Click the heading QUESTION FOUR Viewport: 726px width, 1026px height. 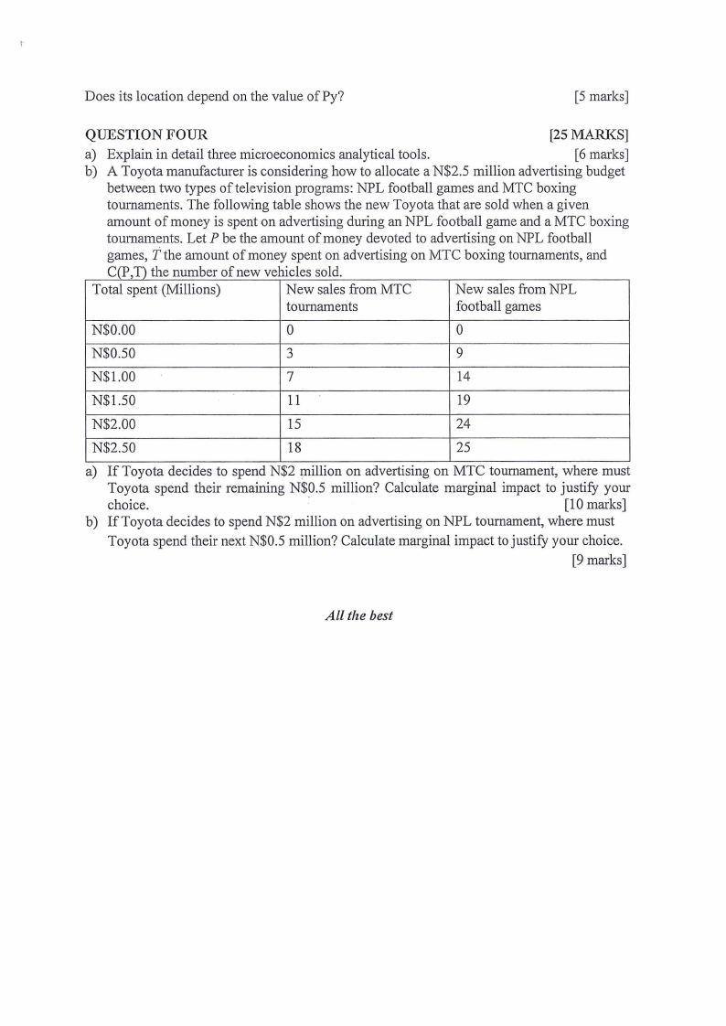click(x=146, y=135)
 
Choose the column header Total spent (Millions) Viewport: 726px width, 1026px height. click(x=157, y=290)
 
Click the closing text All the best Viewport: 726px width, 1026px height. click(x=358, y=615)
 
